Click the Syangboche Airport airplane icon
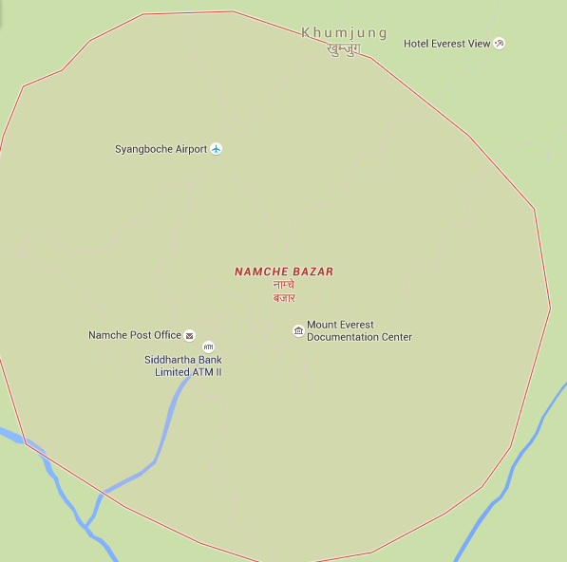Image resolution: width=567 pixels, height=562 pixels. pyautogui.click(x=217, y=149)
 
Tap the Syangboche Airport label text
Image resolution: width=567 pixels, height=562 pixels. pyautogui.click(x=161, y=149)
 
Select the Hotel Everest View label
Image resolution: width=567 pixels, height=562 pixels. pyautogui.click(x=446, y=44)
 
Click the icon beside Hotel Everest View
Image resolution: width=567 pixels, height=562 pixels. pyautogui.click(x=500, y=44)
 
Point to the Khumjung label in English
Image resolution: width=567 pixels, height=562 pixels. pyautogui.click(x=344, y=33)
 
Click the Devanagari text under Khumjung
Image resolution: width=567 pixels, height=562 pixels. pyautogui.click(x=343, y=48)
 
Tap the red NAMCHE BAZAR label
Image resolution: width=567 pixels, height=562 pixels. pyautogui.click(x=284, y=272)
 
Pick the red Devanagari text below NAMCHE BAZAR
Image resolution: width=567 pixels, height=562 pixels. pyautogui.click(x=284, y=290)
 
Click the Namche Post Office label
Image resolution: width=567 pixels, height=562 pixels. pyautogui.click(x=134, y=335)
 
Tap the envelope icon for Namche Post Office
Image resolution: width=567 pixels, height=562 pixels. pyautogui.click(x=189, y=335)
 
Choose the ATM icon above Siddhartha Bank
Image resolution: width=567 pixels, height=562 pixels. pyautogui.click(x=208, y=347)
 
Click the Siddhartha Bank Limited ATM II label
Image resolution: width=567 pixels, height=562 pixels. pyautogui.click(x=182, y=365)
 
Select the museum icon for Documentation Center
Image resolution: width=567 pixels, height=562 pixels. pyautogui.click(x=298, y=330)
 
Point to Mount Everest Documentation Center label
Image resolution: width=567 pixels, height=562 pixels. pyautogui.click(x=359, y=330)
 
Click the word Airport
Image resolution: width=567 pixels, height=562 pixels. pyautogui.click(x=191, y=149)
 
